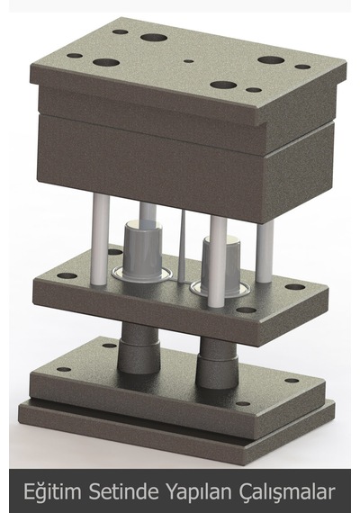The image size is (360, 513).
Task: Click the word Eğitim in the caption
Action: pos(52,491)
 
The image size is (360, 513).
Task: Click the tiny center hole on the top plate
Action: pos(189,61)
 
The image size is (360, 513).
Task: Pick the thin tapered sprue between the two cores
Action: pos(182,246)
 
